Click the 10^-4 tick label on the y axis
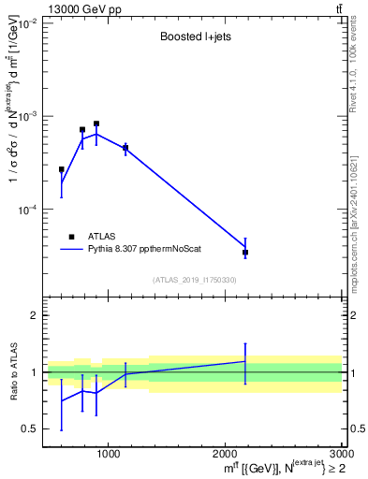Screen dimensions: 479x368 [x=25, y=210]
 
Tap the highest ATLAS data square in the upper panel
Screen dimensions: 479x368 [x=96, y=123]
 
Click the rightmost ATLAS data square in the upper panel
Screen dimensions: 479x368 [x=245, y=253]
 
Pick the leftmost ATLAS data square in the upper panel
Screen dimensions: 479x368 [x=62, y=170]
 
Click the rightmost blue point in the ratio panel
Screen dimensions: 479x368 [x=245, y=361]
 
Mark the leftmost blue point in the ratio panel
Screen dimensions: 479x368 [x=62, y=400]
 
